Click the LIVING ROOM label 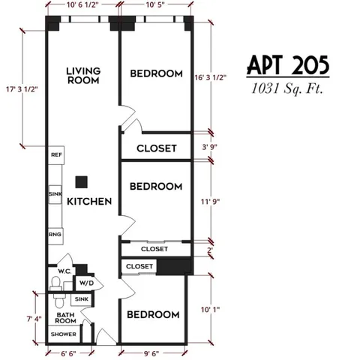[83, 76]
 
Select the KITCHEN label [89, 202]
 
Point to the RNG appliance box [55, 235]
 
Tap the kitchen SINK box [55, 194]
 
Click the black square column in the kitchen [81, 181]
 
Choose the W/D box [86, 283]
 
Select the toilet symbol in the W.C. [56, 284]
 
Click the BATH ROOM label [63, 317]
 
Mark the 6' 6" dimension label [70, 352]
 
